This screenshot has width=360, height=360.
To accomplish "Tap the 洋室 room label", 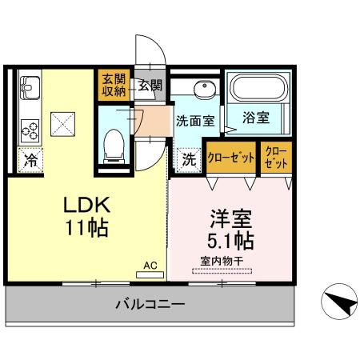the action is coord(231,219).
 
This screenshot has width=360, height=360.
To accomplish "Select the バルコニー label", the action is coord(150,304).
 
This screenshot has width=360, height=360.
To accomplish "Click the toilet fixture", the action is coord(114,146).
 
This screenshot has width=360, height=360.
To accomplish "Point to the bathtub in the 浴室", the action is coord(258,88).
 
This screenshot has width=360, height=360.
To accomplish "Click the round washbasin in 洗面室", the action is coord(205,89).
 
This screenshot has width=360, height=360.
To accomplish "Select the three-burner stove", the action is coord(30,130).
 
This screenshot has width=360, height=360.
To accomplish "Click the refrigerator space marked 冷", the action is coord(30,160).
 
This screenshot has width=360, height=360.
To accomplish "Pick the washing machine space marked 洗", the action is coord(189,159).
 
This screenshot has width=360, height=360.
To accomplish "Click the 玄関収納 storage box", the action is coord(114,85).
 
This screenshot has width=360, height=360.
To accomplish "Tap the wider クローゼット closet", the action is coord(231,158).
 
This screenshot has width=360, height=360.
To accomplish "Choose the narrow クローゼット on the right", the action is coord(276,158).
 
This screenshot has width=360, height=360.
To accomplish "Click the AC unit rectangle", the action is coord(150,275).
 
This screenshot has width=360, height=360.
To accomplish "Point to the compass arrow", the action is coord(341,303).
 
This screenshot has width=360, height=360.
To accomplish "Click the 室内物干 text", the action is coord(222,261).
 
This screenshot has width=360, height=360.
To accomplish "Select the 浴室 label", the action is coord(256,118).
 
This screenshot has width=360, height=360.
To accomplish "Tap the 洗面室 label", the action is coord(195,122).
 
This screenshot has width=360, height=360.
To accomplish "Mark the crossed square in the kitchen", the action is coord(62,124).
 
